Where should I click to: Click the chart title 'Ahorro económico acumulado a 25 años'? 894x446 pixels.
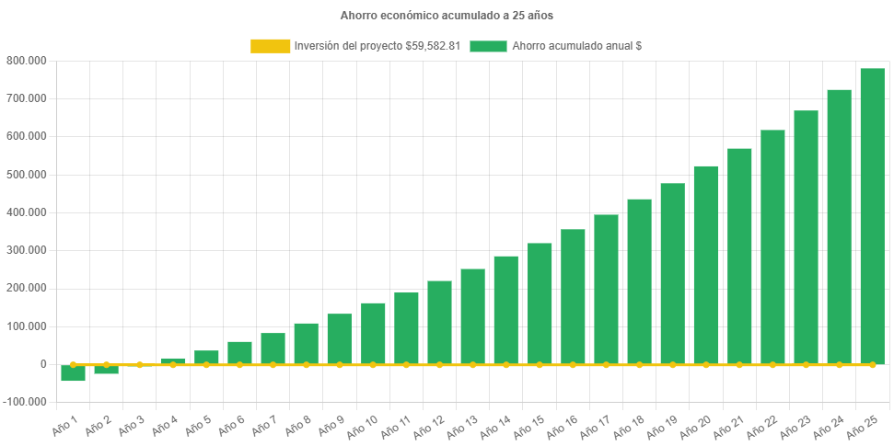pos(447,16)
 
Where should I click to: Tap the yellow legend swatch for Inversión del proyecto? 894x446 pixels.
pos(270,46)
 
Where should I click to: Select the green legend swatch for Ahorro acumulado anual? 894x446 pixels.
pos(488,46)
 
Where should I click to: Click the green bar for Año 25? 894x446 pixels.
pos(872,216)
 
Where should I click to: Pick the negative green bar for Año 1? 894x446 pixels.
pos(73,373)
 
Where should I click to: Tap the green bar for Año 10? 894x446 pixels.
pos(373,333)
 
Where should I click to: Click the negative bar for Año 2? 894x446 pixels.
pos(106,370)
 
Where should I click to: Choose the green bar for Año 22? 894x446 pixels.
pos(772,246)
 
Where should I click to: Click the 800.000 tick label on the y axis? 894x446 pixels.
pos(28,61)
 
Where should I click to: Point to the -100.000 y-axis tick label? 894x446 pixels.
pos(26,403)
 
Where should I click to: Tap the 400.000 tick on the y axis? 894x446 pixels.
pos(28,212)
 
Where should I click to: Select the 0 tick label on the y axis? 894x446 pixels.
pos(42,364)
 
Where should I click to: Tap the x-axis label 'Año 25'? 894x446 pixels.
pos(862,426)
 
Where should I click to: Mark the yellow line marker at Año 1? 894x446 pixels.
pos(73,365)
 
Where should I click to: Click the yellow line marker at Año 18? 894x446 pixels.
pos(639,365)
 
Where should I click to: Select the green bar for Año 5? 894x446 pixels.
pos(206,357)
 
